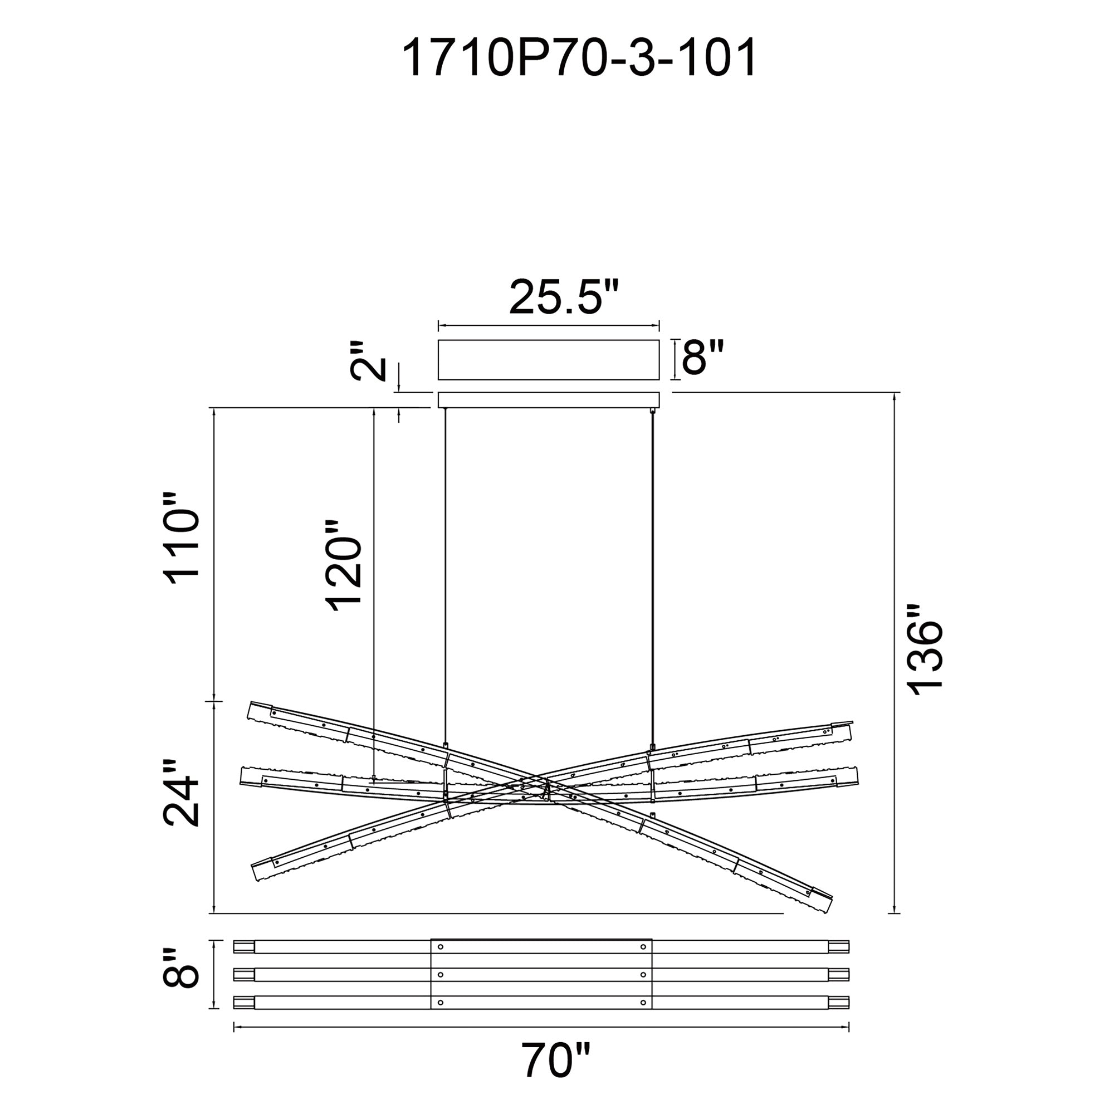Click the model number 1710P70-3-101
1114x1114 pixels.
[578, 60]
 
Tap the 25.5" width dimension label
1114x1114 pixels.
[564, 297]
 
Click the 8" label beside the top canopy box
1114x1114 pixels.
[702, 358]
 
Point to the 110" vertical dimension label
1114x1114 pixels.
[183, 539]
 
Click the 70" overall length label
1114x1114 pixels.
[556, 1060]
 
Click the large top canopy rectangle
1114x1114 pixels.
[548, 360]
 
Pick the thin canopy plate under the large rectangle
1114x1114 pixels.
[548, 399]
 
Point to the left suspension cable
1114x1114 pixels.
[445, 576]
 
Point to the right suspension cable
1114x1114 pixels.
[653, 576]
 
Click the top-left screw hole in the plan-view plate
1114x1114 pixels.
[441, 947]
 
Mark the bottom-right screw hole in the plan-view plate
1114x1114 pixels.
[643, 1002]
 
